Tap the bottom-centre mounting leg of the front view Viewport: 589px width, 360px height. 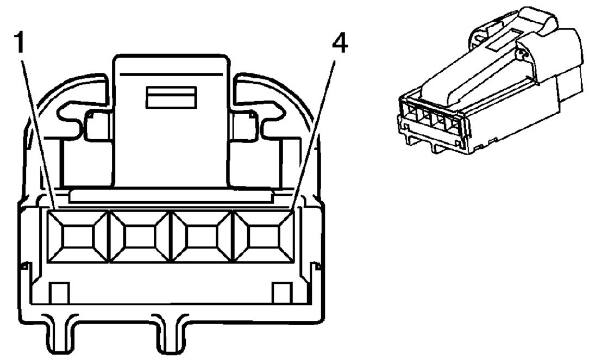(x=170, y=337)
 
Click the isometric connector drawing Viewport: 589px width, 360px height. (x=489, y=87)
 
